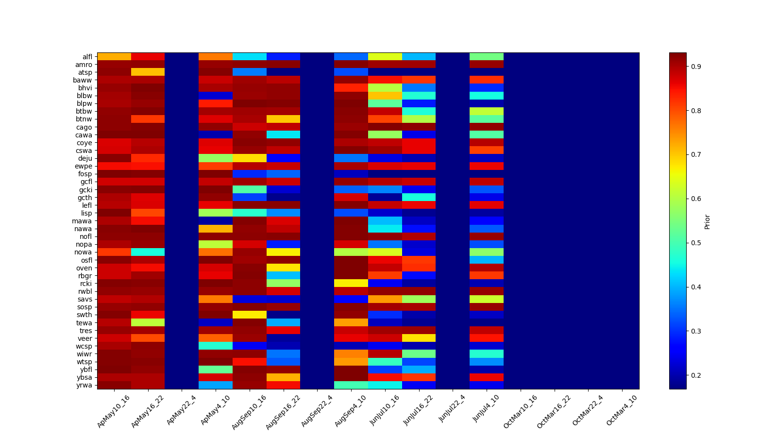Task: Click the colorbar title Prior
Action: point(707,221)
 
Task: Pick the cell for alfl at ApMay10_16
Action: point(114,56)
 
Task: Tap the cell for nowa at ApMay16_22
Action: point(148,252)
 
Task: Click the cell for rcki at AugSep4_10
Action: point(351,283)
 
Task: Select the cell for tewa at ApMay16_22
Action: point(148,322)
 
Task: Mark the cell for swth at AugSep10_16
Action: point(249,315)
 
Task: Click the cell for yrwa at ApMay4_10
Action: point(215,385)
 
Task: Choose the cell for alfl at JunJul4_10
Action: point(486,56)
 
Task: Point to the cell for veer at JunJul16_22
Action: point(419,338)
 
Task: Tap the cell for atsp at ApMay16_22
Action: point(148,72)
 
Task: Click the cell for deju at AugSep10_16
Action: point(249,158)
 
